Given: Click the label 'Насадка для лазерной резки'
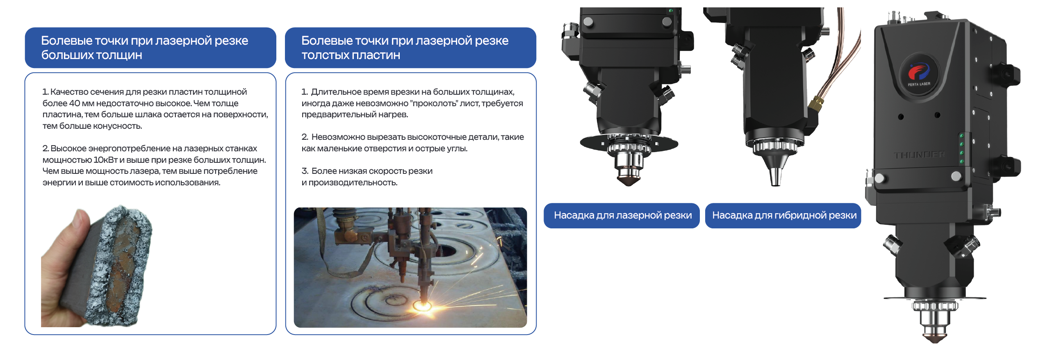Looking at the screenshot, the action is pyautogui.click(x=623, y=216).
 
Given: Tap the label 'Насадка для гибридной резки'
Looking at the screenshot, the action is pyautogui.click(x=784, y=216).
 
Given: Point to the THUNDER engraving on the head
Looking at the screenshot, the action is pyautogui.click(x=920, y=155).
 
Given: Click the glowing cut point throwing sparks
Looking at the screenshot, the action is pyautogui.click(x=422, y=305).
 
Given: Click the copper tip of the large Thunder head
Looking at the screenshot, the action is pyautogui.click(x=935, y=338).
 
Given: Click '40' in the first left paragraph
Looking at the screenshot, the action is pyautogui.click(x=75, y=103).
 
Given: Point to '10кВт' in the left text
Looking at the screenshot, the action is pyautogui.click(x=106, y=160).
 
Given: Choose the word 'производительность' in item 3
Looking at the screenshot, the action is pyautogui.click(x=353, y=183).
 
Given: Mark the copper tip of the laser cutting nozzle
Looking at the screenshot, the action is pyautogui.click(x=629, y=180).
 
